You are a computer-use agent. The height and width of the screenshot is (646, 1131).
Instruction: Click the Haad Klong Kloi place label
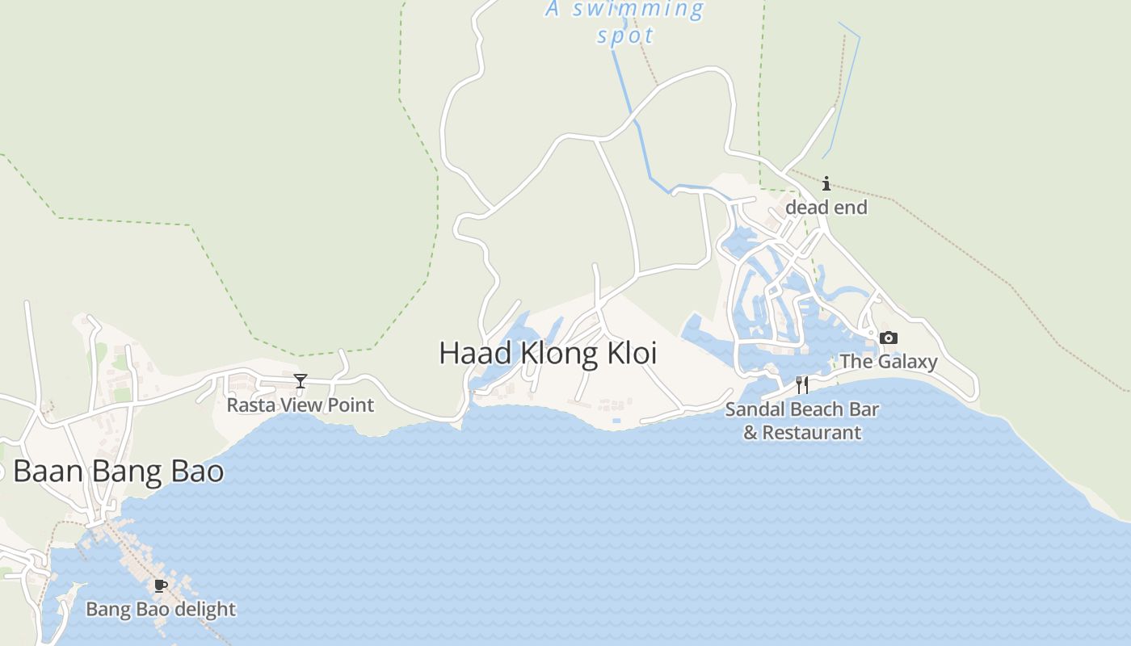(548, 354)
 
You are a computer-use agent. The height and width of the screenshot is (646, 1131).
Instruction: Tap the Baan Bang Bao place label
(118, 472)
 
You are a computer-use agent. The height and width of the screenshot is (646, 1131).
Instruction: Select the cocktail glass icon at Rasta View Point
(301, 381)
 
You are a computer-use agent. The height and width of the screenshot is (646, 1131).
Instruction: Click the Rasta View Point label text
(301, 405)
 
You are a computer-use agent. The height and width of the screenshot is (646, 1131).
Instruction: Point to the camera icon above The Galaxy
(889, 338)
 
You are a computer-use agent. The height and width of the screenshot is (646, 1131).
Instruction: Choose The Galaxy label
(889, 361)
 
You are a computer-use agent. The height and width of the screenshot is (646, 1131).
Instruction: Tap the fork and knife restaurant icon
(802, 385)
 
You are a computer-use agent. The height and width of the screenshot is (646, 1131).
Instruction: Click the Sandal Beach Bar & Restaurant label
(802, 421)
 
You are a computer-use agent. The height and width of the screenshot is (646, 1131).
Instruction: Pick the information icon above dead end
(826, 184)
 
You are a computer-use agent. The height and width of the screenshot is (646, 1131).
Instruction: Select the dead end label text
(826, 208)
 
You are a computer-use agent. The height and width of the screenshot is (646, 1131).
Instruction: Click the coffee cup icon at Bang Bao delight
(160, 585)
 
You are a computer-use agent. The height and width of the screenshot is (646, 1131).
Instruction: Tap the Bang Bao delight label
(161, 609)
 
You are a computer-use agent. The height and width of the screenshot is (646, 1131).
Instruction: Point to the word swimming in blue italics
(638, 10)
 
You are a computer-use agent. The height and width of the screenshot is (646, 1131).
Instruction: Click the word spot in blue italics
(625, 36)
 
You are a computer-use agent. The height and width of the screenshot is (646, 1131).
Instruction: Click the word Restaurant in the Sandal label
(812, 433)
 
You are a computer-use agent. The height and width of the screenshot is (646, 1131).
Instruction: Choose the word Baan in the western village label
(47, 472)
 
